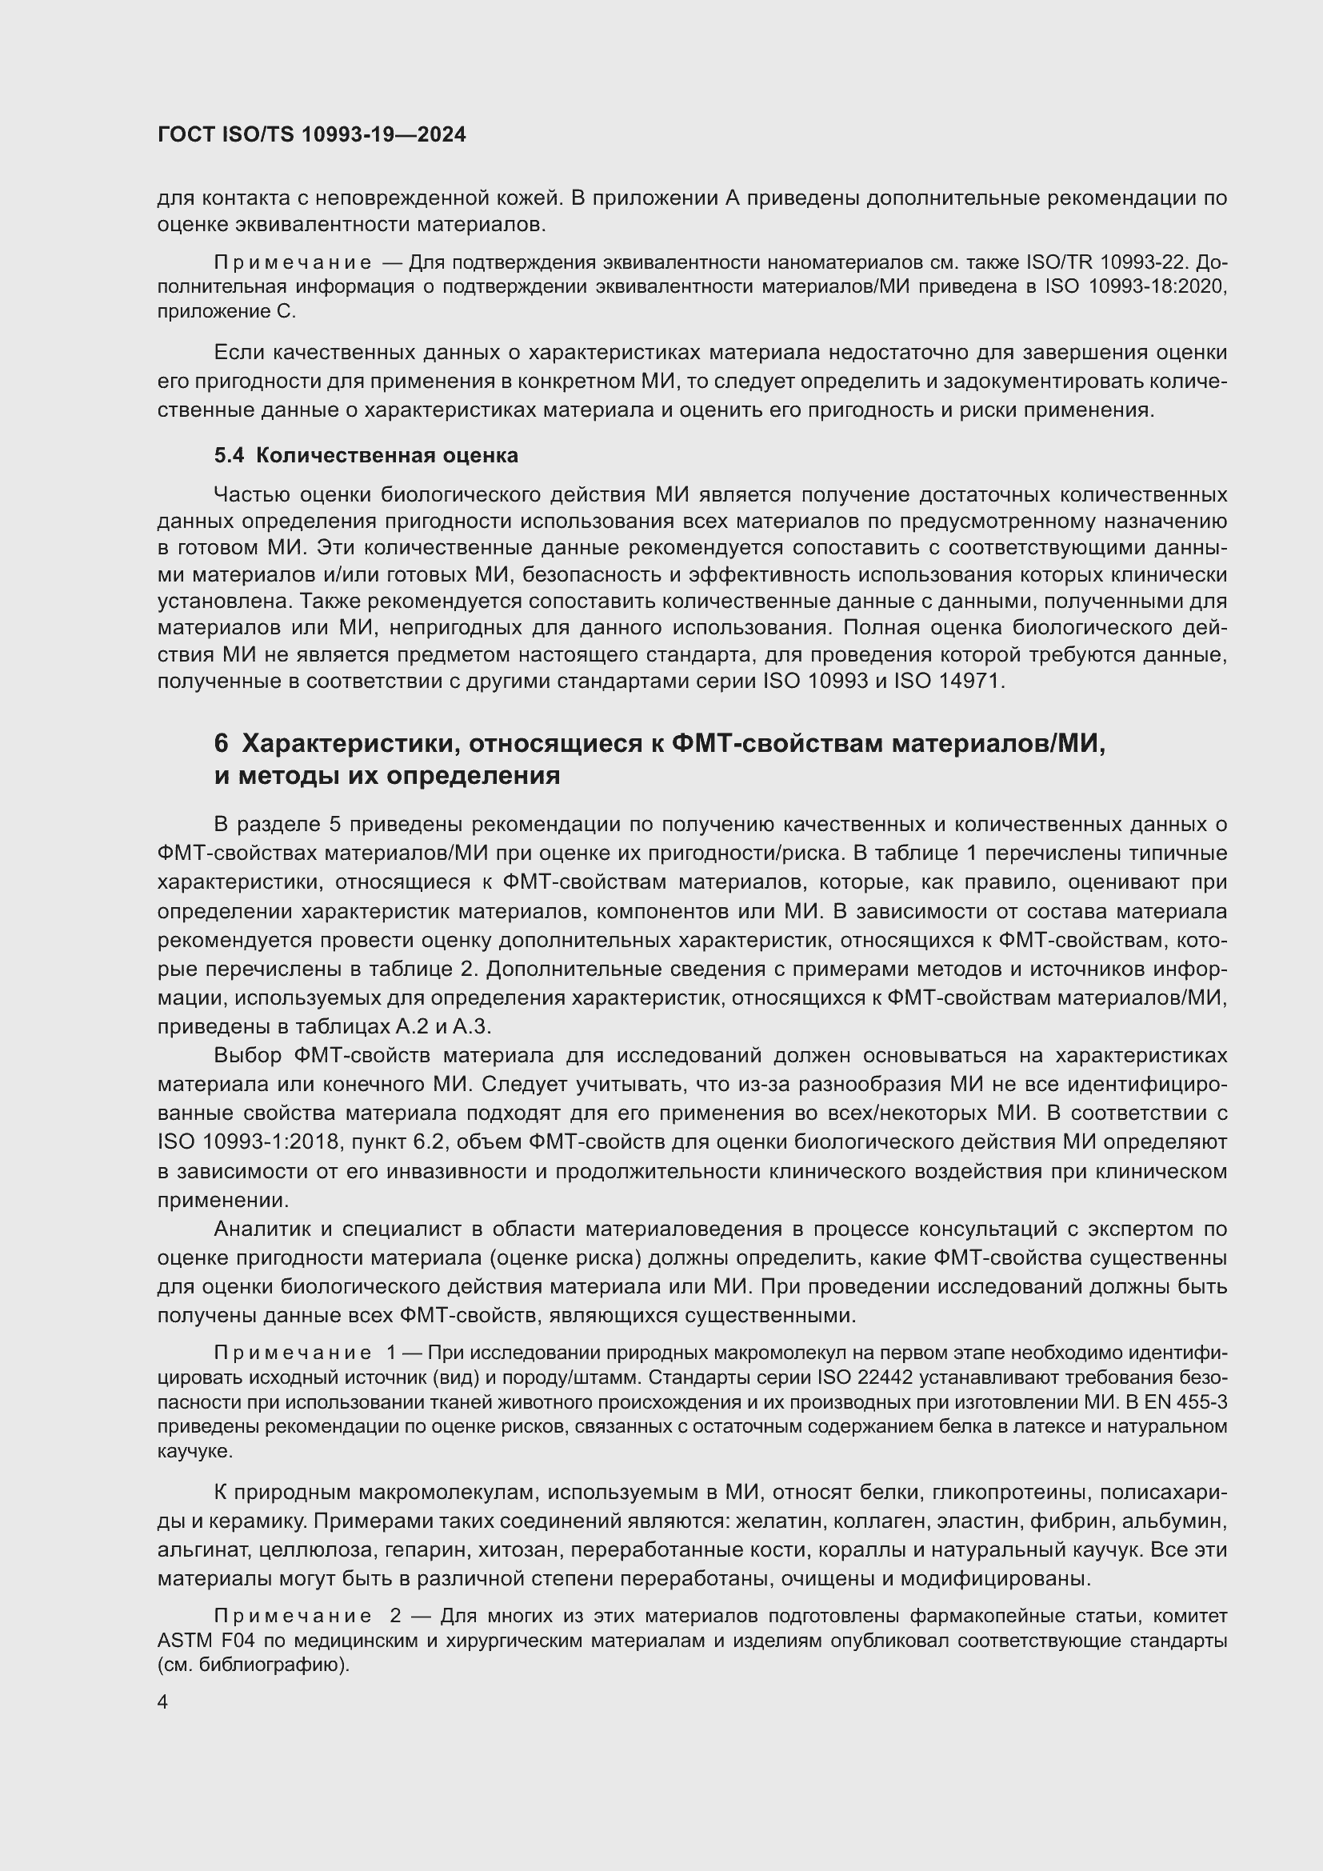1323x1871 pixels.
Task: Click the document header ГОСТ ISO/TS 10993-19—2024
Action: (x=311, y=134)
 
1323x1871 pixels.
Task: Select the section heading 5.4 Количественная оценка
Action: (x=366, y=455)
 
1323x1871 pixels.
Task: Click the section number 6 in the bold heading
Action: (x=221, y=744)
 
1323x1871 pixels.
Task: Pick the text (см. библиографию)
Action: (x=254, y=1665)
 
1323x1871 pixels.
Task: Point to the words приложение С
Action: (x=226, y=311)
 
